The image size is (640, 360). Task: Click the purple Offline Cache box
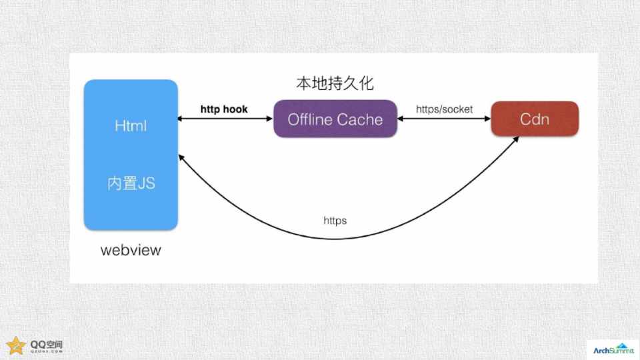tap(335, 119)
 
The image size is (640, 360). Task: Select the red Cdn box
tap(535, 119)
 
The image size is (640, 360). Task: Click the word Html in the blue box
tap(131, 126)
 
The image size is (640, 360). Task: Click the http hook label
tap(224, 109)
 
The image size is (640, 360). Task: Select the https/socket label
tap(444, 109)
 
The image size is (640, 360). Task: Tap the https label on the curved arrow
tap(335, 220)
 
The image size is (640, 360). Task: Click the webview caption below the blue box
tap(131, 251)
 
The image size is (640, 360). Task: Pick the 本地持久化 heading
tap(335, 84)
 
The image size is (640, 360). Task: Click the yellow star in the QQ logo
tap(15, 345)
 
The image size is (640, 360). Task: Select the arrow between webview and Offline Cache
tap(225, 119)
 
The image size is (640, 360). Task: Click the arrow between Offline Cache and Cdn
tap(443, 119)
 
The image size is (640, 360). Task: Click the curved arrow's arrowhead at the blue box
tap(181, 160)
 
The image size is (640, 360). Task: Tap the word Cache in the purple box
tap(360, 119)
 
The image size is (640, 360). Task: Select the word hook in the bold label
tap(236, 109)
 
